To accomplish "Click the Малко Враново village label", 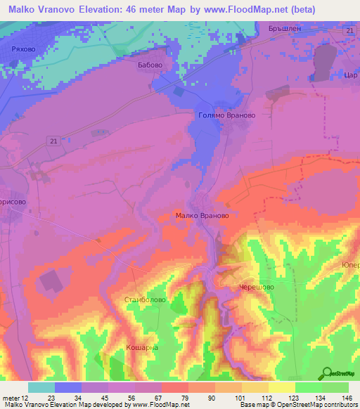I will tap(202, 216).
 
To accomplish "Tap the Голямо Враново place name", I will tap(228, 115).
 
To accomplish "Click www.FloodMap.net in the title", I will tap(243, 10).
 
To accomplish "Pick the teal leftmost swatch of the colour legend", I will tap(41, 387).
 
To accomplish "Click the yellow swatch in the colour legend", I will tap(281, 387).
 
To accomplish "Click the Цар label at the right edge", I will tap(352, 74).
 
